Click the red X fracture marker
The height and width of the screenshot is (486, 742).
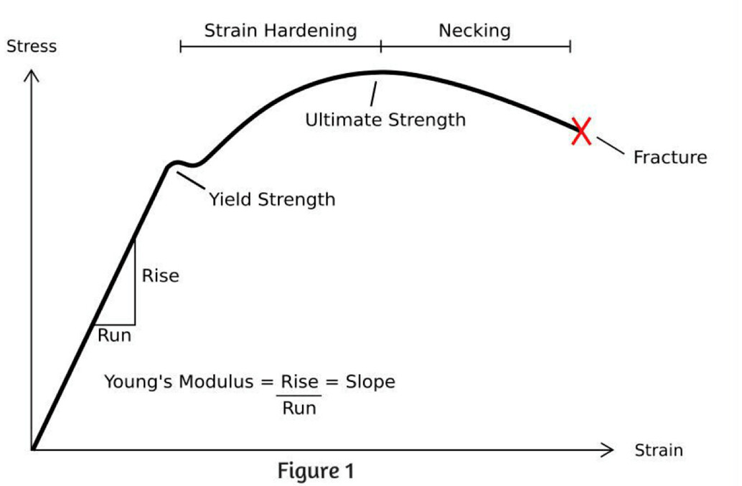581,131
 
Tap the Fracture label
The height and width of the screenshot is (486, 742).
670,158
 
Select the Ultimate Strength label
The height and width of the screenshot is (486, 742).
385,120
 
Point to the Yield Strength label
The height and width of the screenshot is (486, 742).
272,199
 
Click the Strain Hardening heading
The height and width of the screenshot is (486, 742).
280,31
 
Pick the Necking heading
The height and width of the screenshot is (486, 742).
474,31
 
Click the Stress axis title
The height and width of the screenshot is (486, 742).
31,47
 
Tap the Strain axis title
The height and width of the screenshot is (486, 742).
658,451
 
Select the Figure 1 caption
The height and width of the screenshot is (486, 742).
316,472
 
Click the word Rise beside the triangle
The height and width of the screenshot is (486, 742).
160,275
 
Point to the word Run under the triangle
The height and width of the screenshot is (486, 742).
114,335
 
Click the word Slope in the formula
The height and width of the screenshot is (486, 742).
370,382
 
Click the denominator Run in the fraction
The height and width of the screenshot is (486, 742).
299,409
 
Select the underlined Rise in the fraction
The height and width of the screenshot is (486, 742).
299,382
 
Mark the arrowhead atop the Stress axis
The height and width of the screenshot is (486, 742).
32,75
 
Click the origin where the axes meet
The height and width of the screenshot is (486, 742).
32,449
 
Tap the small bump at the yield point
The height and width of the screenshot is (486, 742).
175,163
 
